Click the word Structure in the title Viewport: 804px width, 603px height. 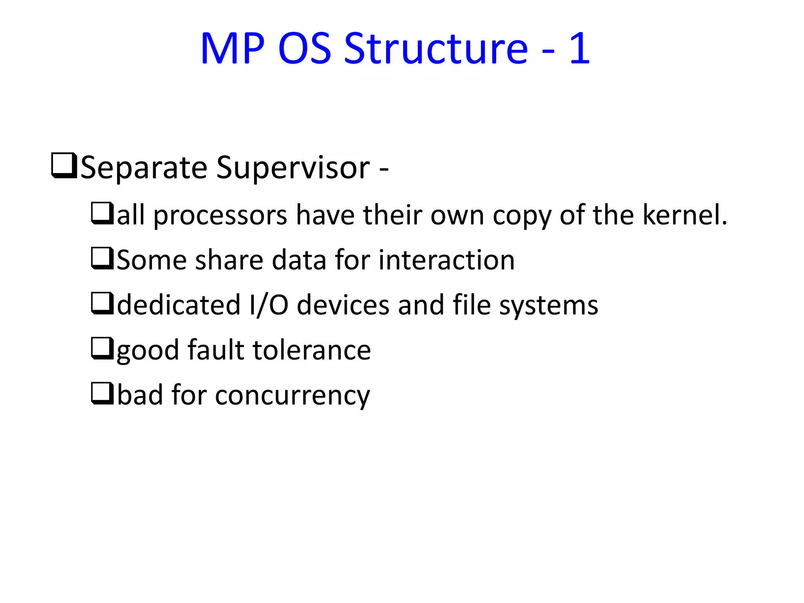coord(436,49)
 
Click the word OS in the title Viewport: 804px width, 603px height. coord(305,49)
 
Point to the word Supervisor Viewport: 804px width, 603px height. coord(293,168)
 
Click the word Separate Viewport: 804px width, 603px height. coord(144,168)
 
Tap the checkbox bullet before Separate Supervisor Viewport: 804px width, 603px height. coord(64,166)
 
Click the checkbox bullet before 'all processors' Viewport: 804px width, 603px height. coord(102,213)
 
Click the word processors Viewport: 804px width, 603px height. coord(220,216)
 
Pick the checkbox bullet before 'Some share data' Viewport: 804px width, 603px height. coord(102,258)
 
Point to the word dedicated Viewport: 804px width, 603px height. coord(179,305)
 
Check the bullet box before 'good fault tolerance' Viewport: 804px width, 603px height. coord(102,348)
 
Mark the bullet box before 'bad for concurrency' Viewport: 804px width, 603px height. coord(102,393)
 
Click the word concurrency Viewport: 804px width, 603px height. coord(292,396)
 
